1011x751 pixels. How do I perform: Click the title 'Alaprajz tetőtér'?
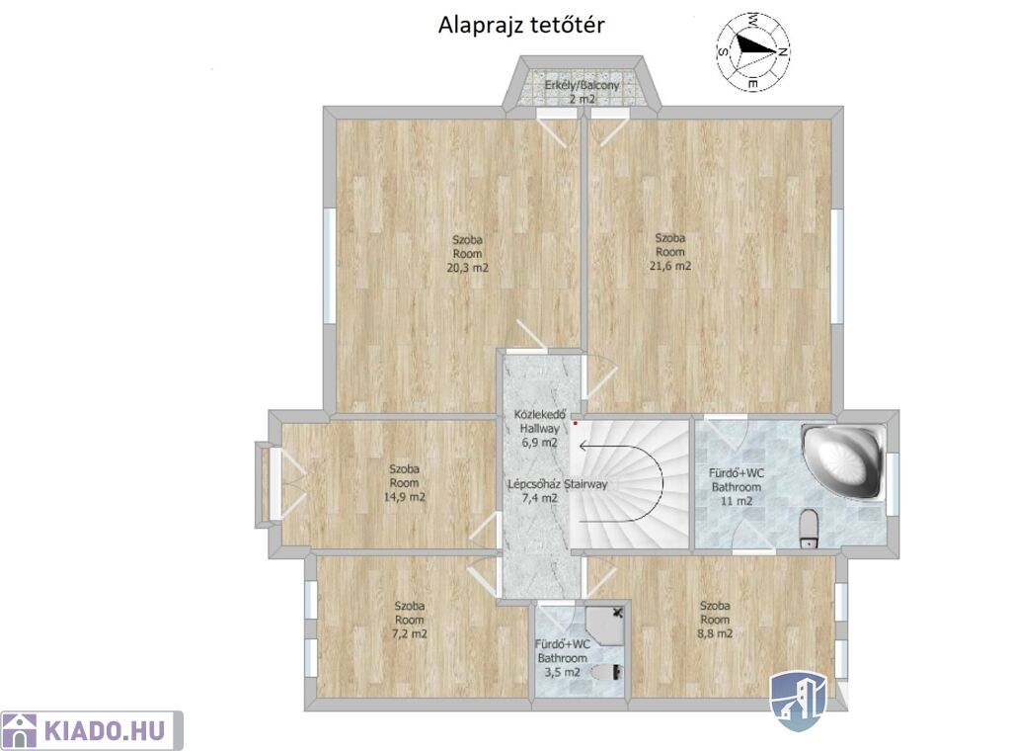(521, 26)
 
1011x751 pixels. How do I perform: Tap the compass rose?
(753, 51)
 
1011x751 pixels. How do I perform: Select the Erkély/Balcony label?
(582, 85)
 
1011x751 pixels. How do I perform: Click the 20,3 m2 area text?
(467, 268)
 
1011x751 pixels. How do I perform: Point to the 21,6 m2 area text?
(670, 266)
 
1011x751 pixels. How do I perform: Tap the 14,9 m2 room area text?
(404, 497)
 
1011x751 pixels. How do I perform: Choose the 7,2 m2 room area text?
(410, 633)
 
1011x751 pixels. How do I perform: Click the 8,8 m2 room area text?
(715, 633)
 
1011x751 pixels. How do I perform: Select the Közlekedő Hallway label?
(540, 421)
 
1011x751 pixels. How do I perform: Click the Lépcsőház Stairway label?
(558, 484)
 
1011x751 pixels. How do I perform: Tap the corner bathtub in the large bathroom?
(842, 460)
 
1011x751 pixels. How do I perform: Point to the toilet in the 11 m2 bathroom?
(809, 529)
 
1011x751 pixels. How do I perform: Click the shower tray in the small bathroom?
(605, 625)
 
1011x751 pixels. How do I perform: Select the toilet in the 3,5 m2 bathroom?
(607, 672)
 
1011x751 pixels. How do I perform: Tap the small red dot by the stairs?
(576, 424)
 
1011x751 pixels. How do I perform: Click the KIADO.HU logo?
(92, 731)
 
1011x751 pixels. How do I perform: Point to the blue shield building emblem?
(799, 702)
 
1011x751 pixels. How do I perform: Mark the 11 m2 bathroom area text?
(737, 501)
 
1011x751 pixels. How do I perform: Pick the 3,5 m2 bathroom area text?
(562, 672)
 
